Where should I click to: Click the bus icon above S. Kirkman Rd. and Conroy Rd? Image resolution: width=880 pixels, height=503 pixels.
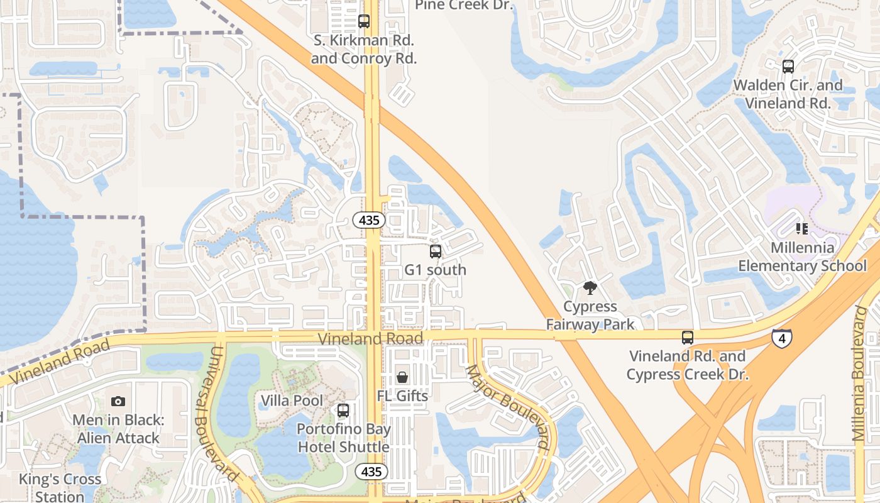coord(364,21)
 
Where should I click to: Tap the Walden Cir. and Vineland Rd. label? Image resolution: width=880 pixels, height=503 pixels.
coord(788,94)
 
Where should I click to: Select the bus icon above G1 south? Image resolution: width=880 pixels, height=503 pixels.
coord(435,251)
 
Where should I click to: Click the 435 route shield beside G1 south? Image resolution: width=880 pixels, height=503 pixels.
coord(369,220)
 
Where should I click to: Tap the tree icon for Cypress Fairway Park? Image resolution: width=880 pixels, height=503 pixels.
coord(590,288)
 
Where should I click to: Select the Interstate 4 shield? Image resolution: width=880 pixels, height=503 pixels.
coord(782,339)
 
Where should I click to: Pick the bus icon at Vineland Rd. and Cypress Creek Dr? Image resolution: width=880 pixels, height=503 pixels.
coord(688,338)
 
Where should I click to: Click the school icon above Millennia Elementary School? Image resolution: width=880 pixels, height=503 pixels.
coord(801,228)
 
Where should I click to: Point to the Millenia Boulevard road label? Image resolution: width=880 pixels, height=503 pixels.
coord(860,373)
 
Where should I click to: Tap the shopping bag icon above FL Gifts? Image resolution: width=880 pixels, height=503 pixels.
coord(402,377)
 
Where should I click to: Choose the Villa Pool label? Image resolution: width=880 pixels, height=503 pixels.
coord(292,401)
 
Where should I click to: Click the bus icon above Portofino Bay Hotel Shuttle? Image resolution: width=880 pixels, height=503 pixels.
coord(343,411)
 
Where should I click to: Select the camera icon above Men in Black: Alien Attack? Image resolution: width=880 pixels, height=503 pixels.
coord(118,401)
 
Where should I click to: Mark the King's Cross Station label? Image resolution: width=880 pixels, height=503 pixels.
coord(60,487)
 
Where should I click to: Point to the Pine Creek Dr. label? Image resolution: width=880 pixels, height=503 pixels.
coord(465,6)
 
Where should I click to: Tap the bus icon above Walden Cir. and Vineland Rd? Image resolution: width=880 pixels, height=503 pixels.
coord(788,67)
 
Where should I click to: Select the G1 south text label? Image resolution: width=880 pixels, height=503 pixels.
coord(435,270)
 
